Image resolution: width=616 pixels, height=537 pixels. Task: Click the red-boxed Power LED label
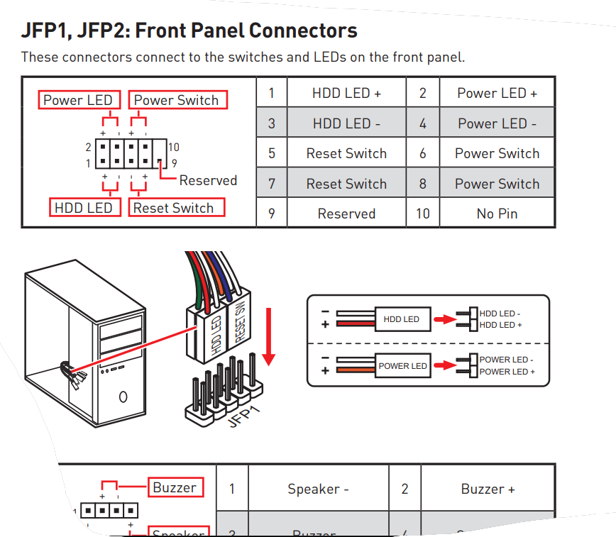78,100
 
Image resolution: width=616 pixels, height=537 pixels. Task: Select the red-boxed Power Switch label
177,100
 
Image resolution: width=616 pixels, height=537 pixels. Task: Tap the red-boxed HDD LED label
84,208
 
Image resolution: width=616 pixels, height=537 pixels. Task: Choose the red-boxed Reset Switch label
173,208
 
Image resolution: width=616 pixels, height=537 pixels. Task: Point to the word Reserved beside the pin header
208,180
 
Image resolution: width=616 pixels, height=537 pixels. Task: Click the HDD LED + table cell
346,93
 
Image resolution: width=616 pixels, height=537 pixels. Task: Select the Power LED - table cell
497,123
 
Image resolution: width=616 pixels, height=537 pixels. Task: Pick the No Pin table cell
497,214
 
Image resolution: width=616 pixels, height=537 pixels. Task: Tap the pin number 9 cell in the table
272,214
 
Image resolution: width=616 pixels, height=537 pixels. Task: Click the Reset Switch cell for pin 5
346,153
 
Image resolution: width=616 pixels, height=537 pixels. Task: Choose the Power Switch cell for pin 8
497,184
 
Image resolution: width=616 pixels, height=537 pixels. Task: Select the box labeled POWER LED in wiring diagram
402,366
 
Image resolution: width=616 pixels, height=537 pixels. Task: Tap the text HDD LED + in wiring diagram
500,325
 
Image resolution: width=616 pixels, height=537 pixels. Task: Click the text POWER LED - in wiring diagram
506,360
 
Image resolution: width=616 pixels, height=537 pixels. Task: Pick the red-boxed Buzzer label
175,487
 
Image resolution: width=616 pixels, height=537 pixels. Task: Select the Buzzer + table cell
488,489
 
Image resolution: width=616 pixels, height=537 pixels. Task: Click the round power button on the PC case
123,397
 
